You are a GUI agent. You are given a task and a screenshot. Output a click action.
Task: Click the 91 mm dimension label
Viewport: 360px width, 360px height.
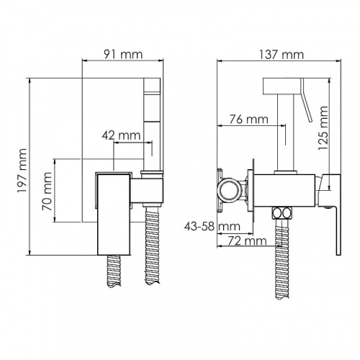tap(123, 54)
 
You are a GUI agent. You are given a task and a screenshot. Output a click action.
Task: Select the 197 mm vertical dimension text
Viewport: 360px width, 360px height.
tap(22, 171)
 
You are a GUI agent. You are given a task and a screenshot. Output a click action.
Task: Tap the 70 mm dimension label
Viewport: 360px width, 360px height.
tap(47, 192)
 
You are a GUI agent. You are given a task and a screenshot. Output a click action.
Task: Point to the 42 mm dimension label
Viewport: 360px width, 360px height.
tap(121, 135)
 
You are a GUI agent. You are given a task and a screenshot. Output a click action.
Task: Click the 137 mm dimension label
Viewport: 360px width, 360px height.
tap(282, 55)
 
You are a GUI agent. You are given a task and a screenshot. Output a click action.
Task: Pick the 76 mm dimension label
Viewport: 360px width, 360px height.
tap(248, 120)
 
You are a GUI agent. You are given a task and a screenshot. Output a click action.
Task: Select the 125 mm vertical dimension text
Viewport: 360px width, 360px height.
tap(323, 128)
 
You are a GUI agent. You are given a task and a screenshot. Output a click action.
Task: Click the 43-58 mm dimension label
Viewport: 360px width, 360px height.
tap(212, 226)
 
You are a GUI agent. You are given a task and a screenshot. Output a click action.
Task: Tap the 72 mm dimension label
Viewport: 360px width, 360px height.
tap(247, 240)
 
